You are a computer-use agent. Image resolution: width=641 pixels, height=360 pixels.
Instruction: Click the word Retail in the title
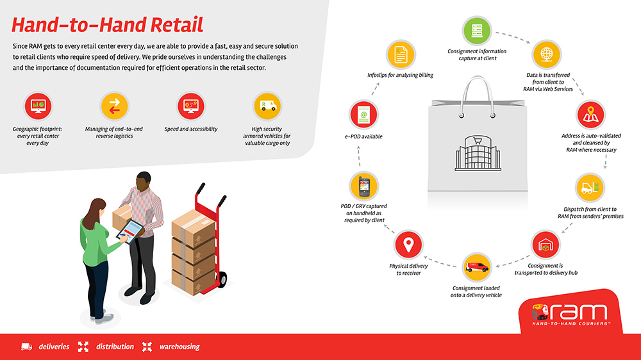tap(177, 25)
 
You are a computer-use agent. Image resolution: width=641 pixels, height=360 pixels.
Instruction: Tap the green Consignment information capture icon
tap(477, 31)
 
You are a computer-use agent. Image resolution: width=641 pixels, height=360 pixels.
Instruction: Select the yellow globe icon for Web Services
tap(547, 54)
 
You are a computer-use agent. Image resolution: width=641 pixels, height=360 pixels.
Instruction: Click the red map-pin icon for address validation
tap(590, 115)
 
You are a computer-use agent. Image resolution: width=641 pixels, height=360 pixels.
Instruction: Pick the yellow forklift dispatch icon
tap(590, 188)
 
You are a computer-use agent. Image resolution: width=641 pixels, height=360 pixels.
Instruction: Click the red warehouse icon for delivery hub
tap(545, 245)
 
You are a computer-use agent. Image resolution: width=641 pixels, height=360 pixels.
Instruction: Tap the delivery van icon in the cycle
tap(477, 267)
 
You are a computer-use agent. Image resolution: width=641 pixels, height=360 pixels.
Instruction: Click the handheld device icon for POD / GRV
tap(364, 186)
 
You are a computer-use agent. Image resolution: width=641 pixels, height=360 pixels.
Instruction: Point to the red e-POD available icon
tap(363, 115)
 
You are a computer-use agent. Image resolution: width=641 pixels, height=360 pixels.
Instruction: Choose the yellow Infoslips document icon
tap(401, 54)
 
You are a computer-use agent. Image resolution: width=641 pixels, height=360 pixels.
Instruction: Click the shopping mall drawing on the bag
tap(478, 153)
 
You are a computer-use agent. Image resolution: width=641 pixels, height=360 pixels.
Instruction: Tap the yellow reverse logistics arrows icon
tap(115, 106)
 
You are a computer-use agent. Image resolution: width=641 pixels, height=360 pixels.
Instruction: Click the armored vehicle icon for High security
tap(267, 106)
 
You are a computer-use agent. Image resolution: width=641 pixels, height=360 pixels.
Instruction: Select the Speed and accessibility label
tap(191, 129)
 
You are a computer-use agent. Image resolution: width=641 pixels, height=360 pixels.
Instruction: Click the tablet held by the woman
tap(130, 231)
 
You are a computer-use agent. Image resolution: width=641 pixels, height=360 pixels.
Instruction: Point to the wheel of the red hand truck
tap(223, 279)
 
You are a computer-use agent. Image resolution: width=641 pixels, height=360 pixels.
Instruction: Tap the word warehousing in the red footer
tap(179, 347)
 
